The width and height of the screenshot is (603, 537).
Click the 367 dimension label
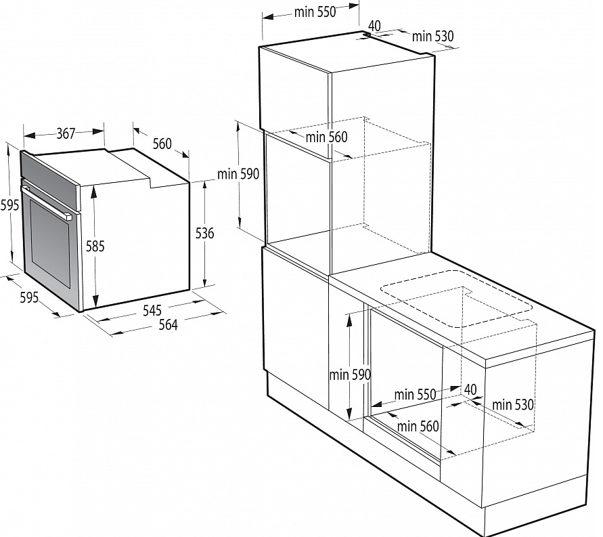coord(66,133)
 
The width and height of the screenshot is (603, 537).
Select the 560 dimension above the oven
coord(162,144)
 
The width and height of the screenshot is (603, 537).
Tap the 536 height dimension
coord(204,233)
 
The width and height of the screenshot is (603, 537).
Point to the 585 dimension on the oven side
coord(95,246)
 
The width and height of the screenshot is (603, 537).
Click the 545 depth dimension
coord(152,310)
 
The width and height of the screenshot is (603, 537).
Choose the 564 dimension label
coord(168,325)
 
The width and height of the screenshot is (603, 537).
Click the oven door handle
coord(47,202)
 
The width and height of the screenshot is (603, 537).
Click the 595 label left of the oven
coord(9,205)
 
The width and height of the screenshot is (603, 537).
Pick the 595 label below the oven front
coord(29,297)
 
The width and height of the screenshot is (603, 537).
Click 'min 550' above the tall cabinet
coord(315,12)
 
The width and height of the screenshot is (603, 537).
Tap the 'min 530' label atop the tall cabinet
coord(432,36)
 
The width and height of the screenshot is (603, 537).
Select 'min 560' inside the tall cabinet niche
coord(326,137)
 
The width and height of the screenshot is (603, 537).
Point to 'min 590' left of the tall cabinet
coord(238,174)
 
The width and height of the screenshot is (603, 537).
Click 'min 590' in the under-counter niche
coord(350,374)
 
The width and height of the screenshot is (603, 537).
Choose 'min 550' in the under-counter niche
coord(415,394)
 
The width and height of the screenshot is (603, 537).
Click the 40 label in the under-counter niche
coord(471,389)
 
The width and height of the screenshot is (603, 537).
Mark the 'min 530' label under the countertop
coord(513,404)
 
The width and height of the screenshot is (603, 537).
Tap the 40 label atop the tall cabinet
coord(374,26)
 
